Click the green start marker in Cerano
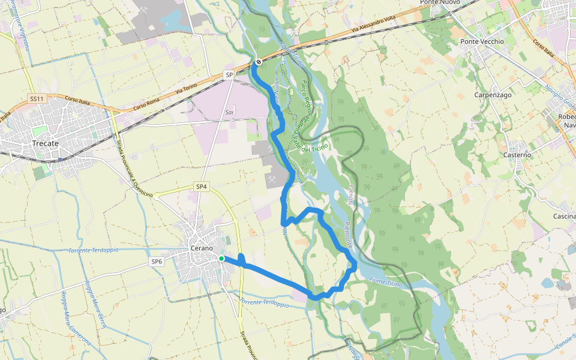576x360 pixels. [221, 259]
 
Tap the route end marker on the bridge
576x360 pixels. [259, 62]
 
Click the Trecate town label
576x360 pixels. [46, 143]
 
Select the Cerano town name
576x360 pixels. [201, 248]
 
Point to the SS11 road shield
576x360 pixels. [37, 98]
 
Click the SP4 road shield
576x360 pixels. [202, 187]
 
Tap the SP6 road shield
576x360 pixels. [157, 262]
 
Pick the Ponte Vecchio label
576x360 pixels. [482, 41]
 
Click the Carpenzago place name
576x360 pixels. [492, 95]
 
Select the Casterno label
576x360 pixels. [517, 155]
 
